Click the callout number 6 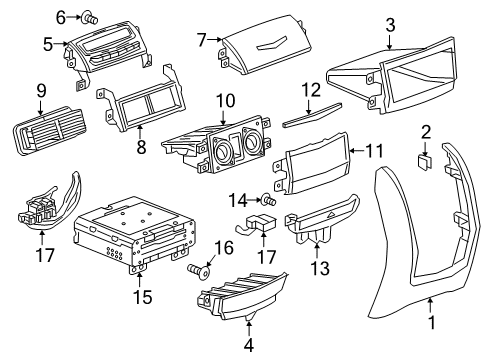[60, 16]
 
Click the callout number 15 [138, 298]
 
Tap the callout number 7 [201, 41]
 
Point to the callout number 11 [374, 152]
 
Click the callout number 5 [47, 44]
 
